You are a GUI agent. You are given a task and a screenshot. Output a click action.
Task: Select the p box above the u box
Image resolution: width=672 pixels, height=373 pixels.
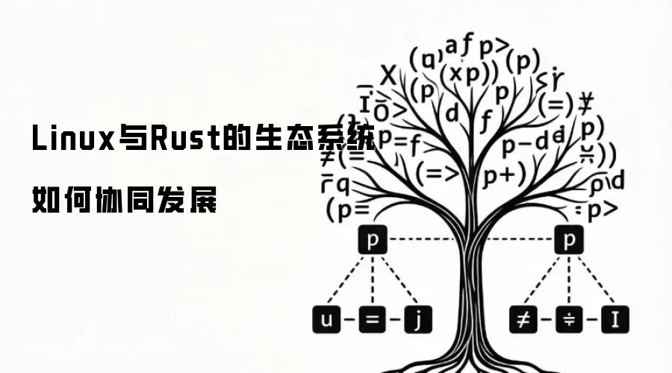(371, 240)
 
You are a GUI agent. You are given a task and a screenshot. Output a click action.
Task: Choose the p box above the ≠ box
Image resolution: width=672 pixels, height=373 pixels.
(569, 240)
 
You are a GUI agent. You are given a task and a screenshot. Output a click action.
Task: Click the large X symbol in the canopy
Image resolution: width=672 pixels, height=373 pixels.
(388, 75)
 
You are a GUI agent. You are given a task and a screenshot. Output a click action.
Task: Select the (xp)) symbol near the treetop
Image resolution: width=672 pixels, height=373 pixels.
(468, 75)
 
